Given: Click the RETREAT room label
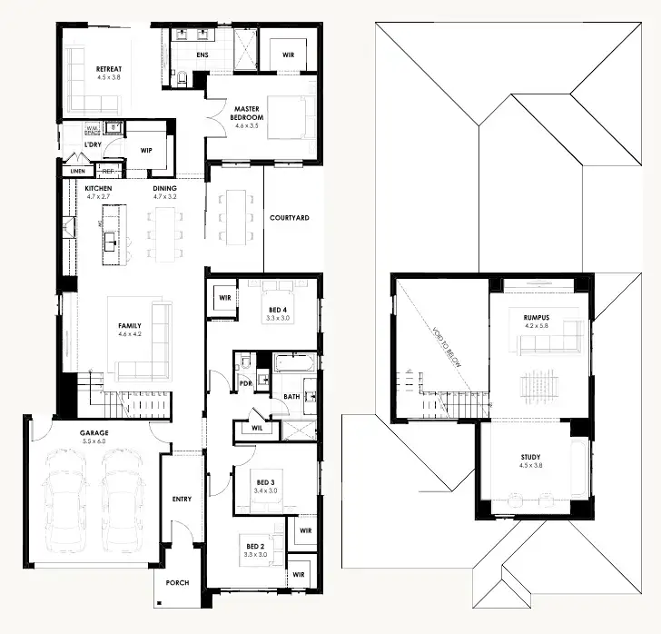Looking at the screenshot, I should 108,68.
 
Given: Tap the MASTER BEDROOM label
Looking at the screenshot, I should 246,112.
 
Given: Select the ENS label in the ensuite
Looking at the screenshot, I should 203,55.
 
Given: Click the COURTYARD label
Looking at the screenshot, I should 290,218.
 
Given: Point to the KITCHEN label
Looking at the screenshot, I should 98,188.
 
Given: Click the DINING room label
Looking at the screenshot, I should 164,188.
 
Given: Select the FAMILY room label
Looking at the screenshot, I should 130,325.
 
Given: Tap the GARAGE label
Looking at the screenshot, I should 93,433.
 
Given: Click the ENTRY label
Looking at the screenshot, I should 182,500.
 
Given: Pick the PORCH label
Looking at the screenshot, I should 178,582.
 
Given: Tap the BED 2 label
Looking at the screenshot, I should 255,547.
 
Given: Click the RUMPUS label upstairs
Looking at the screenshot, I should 536,317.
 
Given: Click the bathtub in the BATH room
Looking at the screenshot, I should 295,362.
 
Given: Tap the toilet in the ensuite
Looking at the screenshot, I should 183,79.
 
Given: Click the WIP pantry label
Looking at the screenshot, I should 146,151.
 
